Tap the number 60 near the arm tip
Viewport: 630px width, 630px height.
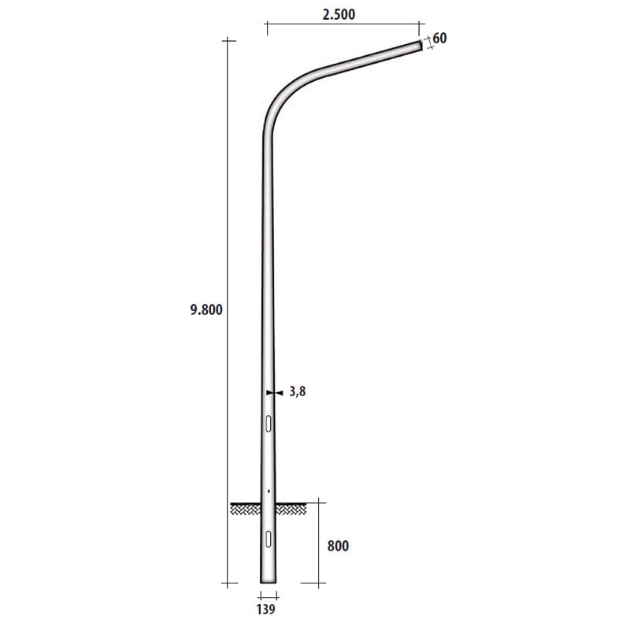click(439, 37)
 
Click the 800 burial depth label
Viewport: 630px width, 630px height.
click(336, 545)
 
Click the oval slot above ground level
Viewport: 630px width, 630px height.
click(269, 424)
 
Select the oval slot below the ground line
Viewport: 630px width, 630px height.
click(269, 539)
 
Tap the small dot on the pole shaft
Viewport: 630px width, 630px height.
click(269, 491)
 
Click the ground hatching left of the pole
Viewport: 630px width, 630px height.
click(245, 510)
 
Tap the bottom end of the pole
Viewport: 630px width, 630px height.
click(269, 581)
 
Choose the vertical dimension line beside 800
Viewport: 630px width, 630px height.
click(319, 543)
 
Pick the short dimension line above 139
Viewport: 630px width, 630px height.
click(269, 595)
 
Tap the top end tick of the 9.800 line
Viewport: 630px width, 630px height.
click(228, 39)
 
